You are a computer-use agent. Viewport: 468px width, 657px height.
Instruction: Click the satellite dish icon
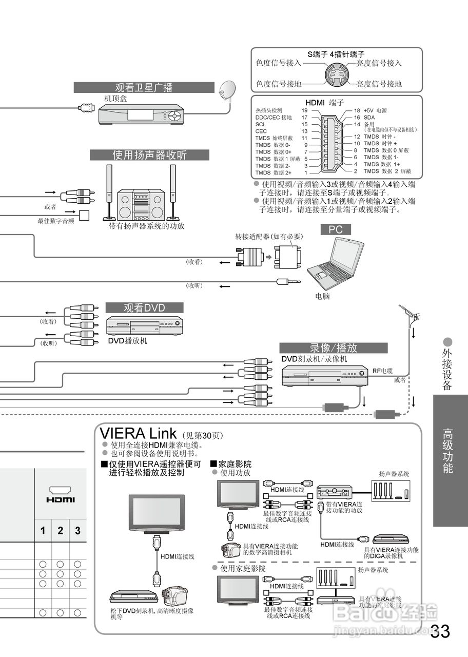click(x=226, y=90)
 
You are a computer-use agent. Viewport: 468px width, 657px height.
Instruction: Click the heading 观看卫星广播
click(x=144, y=88)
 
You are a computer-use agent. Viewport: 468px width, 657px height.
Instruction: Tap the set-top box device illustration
click(x=141, y=114)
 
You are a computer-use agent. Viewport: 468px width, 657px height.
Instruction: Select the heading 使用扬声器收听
click(x=149, y=155)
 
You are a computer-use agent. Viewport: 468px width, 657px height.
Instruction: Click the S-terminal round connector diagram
click(x=336, y=74)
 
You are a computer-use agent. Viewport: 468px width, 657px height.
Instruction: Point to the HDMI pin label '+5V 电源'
click(x=375, y=111)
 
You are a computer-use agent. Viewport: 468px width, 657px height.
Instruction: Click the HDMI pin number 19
click(x=304, y=111)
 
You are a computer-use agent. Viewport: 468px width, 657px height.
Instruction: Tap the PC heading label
click(x=335, y=229)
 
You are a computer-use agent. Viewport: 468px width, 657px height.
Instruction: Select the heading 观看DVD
click(x=144, y=308)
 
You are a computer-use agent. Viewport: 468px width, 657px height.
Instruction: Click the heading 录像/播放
click(x=334, y=347)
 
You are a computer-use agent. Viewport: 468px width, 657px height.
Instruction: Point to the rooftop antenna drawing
click(x=411, y=315)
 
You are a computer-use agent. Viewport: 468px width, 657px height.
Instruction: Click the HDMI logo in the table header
click(x=61, y=495)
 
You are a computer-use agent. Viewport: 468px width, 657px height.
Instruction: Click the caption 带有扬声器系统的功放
click(x=146, y=225)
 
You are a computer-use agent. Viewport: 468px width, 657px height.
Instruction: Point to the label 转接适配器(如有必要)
click(x=269, y=237)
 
